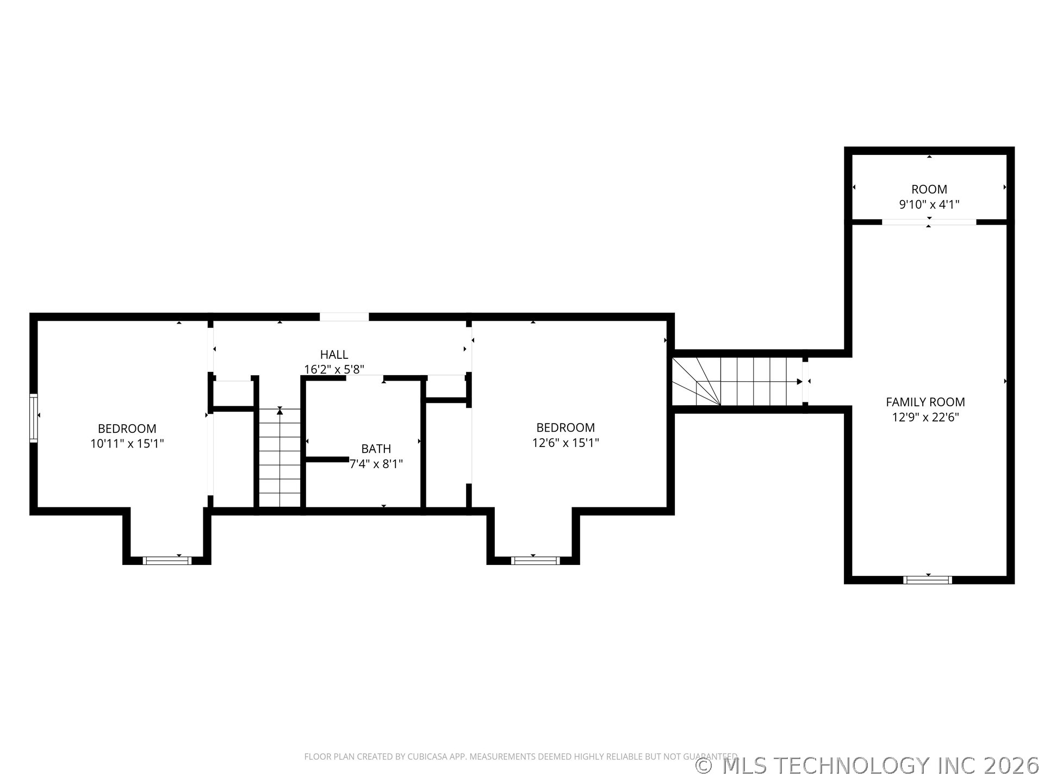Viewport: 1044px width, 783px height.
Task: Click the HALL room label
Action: click(334, 355)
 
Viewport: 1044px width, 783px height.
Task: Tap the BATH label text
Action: click(376, 449)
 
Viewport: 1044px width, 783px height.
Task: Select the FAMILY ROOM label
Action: click(925, 402)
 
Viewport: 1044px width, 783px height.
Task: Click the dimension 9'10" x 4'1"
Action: click(929, 204)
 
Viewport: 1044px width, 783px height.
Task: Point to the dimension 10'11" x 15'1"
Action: click(127, 444)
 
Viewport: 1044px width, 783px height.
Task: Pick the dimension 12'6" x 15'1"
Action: click(565, 443)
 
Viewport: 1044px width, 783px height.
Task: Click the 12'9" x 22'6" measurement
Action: click(925, 417)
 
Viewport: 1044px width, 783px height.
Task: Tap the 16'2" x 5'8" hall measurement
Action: click(334, 370)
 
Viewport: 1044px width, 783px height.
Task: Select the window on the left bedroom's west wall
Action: click(34, 418)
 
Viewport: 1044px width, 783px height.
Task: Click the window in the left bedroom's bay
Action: click(167, 561)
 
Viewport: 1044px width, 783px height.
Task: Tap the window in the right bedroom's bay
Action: click(536, 561)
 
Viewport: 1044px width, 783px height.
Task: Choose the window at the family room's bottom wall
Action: click(927, 580)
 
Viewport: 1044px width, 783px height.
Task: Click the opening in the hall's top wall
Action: click(344, 317)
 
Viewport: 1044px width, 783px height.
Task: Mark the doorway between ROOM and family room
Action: click(929, 222)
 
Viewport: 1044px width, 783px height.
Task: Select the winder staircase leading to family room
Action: click(737, 382)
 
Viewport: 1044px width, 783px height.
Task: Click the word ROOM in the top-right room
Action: click(929, 189)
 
